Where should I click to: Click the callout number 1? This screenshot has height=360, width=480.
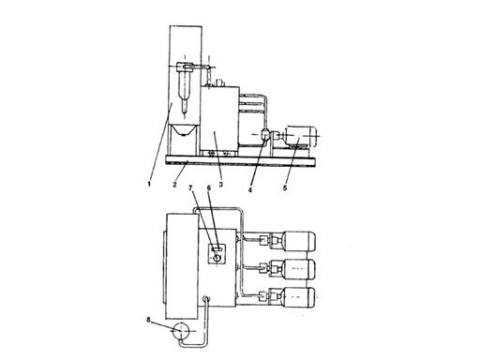(149, 184)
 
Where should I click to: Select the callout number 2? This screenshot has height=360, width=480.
(174, 185)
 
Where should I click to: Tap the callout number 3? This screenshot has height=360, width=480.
(220, 185)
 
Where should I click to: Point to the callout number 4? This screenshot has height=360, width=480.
(250, 189)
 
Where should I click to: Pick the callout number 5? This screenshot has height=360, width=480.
(285, 187)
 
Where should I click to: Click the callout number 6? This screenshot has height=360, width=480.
(209, 187)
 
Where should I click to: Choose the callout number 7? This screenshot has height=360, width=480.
(190, 187)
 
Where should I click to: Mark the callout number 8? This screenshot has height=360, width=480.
(148, 320)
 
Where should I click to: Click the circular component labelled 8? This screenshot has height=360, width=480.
(181, 331)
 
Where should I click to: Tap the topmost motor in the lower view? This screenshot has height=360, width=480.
(298, 241)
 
